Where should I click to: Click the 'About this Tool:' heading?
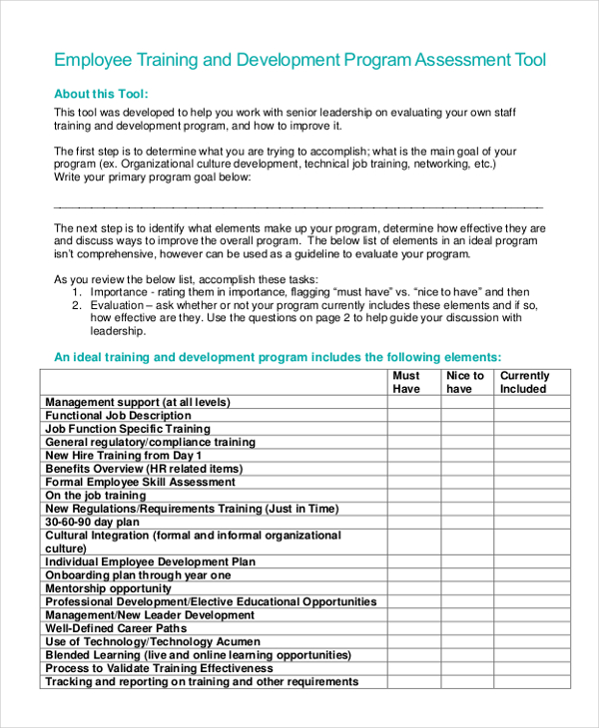coord(101,94)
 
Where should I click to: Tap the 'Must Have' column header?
coord(406,382)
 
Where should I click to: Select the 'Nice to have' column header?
coord(465,382)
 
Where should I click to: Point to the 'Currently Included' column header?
coord(524,382)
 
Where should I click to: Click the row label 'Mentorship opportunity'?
coord(109,588)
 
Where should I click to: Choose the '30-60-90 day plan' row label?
coord(93,522)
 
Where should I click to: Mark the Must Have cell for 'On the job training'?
coord(414,496)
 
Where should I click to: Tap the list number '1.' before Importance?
coord(77,292)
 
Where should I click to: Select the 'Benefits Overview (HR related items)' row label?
coord(144,469)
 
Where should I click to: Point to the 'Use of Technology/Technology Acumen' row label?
coord(153,642)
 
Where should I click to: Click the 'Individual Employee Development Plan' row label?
coord(151,561)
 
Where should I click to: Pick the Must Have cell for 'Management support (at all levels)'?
coord(414,402)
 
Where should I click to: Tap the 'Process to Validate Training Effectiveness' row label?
coord(160,668)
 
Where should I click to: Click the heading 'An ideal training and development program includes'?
coord(277,356)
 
